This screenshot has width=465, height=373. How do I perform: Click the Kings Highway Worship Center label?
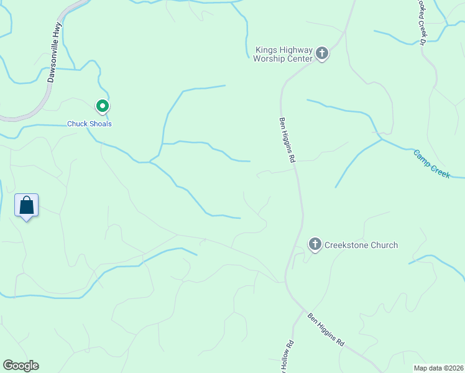282,54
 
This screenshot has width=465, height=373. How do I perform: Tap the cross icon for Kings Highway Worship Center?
322,53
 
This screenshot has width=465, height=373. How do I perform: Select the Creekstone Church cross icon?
315,244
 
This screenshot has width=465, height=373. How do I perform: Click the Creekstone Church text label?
361,245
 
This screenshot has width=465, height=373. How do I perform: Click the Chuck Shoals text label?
90,124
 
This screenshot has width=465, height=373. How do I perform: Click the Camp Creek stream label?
432,163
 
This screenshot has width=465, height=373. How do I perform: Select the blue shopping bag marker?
27,206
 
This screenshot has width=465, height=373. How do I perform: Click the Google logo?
21,366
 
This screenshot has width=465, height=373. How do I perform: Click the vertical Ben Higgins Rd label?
287,140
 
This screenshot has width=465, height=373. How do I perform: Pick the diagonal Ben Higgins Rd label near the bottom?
326,329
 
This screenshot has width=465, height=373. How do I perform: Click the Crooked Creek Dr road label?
421,22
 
